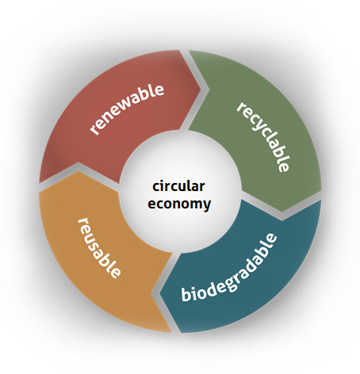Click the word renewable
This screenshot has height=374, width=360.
pos(127,109)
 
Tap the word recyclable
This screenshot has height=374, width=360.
pos(263,137)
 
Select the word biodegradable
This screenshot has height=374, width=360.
pos(229,267)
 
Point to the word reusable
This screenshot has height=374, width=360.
pos(99,248)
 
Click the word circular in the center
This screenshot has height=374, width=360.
pos(178,186)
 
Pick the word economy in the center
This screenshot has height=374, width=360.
pos(179,204)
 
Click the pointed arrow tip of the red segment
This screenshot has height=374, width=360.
pos(201,90)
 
